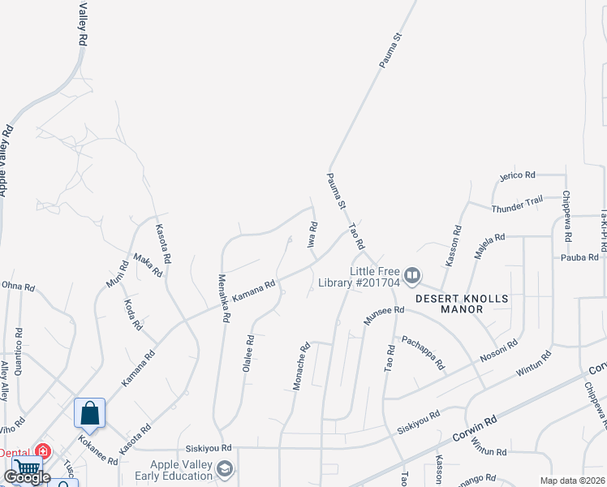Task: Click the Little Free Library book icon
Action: coord(412,277)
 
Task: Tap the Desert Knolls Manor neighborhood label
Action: coord(462,304)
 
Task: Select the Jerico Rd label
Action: coord(518,175)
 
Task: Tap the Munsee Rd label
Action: coord(384,316)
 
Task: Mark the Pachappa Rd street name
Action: coord(424,353)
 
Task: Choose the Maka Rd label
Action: coord(148,265)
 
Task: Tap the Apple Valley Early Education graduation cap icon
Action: coord(223,468)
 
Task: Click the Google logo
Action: coord(27,477)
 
